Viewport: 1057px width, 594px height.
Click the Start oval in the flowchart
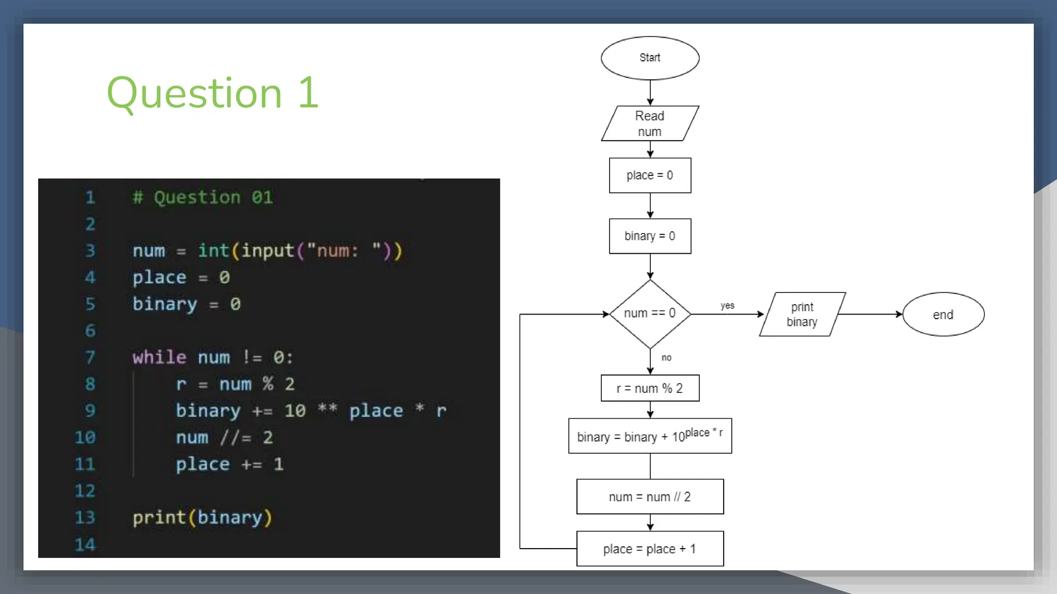[x=650, y=58]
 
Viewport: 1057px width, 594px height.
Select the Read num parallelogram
[x=650, y=124]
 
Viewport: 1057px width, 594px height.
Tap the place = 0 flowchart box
[x=650, y=175]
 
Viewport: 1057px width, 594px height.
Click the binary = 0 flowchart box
[x=650, y=236]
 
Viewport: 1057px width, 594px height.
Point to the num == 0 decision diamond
[x=650, y=313]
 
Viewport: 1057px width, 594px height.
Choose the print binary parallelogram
[x=802, y=315]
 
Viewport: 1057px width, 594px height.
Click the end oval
[x=943, y=315]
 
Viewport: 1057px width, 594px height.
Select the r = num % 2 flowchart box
[x=650, y=388]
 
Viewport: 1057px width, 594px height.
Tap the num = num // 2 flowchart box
[x=650, y=497]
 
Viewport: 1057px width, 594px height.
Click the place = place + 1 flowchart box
[x=650, y=549]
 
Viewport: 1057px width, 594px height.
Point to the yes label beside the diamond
[x=728, y=306]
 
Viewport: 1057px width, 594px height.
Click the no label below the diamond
[x=666, y=358]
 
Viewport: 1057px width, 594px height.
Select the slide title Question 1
[x=213, y=93]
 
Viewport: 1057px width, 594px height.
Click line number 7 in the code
[x=90, y=357]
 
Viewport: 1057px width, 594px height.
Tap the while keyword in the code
[x=159, y=357]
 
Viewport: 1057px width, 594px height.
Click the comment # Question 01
[x=203, y=197]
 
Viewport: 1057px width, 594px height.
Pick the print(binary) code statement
[x=202, y=518]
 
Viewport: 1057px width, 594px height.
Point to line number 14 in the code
[x=85, y=544]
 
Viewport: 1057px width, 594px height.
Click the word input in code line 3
[x=267, y=251]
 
